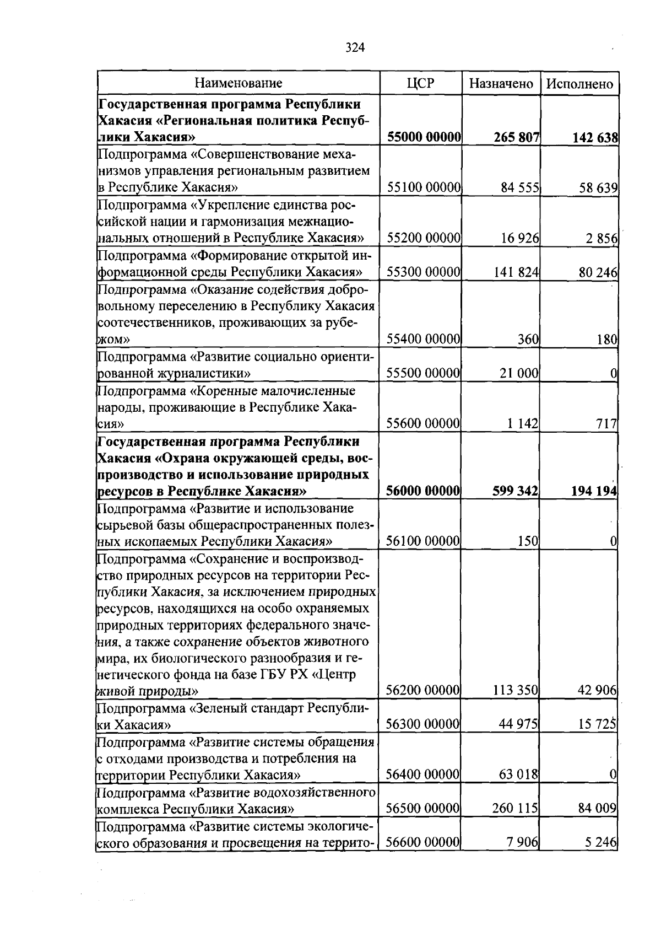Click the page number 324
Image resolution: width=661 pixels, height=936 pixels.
[x=355, y=47]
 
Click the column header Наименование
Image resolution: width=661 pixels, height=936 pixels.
[x=239, y=83]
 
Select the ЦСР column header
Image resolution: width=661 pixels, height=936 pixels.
[x=420, y=83]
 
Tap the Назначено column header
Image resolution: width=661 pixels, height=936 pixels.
[x=501, y=84]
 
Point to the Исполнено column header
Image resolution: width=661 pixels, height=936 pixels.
[x=580, y=84]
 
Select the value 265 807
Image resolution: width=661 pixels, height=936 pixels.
[x=516, y=137]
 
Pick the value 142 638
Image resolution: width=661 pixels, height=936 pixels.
[x=594, y=137]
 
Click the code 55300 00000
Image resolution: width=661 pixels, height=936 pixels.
[x=423, y=272]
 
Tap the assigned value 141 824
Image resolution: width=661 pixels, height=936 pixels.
[x=516, y=272]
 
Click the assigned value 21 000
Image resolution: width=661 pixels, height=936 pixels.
[x=518, y=373]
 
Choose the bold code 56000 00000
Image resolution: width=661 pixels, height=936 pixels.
[x=423, y=491]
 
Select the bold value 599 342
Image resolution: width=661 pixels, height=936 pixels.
[x=516, y=491]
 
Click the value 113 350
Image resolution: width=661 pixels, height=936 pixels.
[x=516, y=690]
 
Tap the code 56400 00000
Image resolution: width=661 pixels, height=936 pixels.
[x=422, y=774]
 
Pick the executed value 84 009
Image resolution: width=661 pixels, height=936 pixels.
[x=597, y=809]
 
